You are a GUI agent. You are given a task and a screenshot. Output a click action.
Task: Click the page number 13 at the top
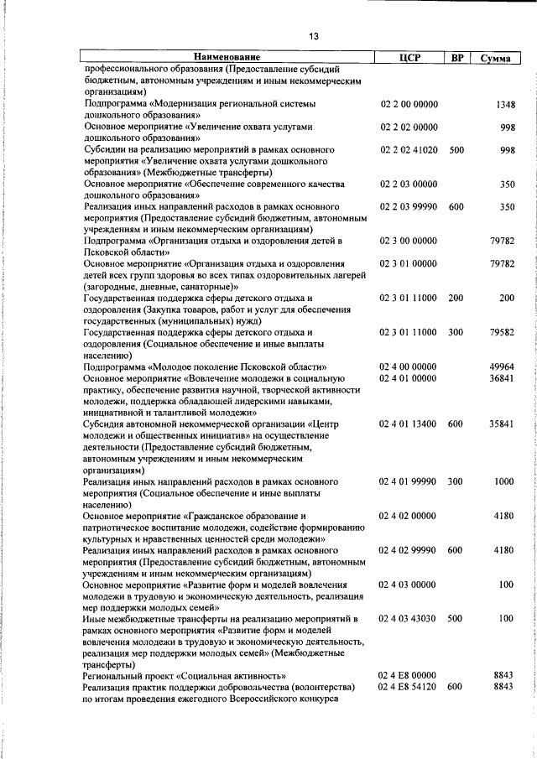pyautogui.click(x=315, y=35)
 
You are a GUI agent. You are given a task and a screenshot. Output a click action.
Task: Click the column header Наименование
pyautogui.click(x=223, y=57)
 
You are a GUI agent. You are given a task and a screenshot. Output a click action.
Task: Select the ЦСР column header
pyautogui.click(x=409, y=57)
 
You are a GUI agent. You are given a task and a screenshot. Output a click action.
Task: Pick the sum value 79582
pyautogui.click(x=502, y=333)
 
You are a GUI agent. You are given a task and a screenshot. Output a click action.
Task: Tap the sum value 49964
pyautogui.click(x=502, y=367)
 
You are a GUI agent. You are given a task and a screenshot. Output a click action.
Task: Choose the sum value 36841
pyautogui.click(x=502, y=378)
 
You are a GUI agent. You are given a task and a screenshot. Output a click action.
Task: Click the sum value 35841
pyautogui.click(x=502, y=424)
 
